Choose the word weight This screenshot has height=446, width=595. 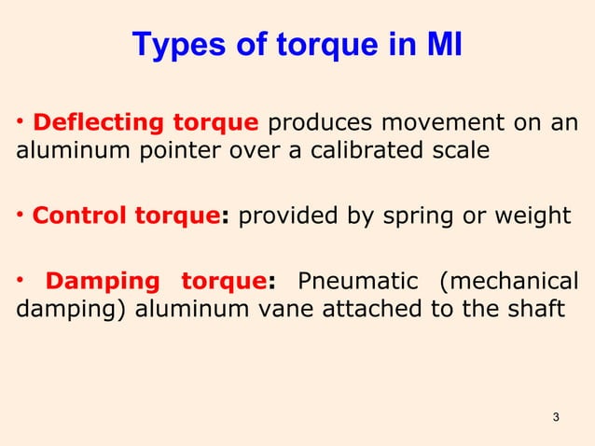[538, 217]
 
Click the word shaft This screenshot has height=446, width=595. [536, 309]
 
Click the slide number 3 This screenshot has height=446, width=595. [556, 416]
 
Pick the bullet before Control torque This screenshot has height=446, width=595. [21, 216]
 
